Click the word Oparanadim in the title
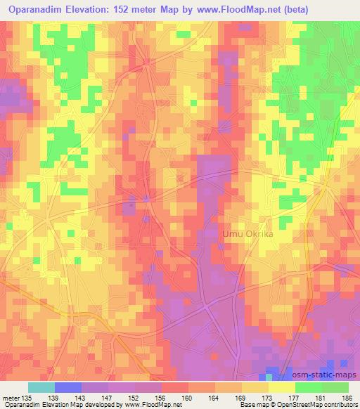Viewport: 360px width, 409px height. (34, 10)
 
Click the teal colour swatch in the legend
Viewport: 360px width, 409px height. (41, 387)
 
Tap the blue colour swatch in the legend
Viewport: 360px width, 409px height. (67, 387)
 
